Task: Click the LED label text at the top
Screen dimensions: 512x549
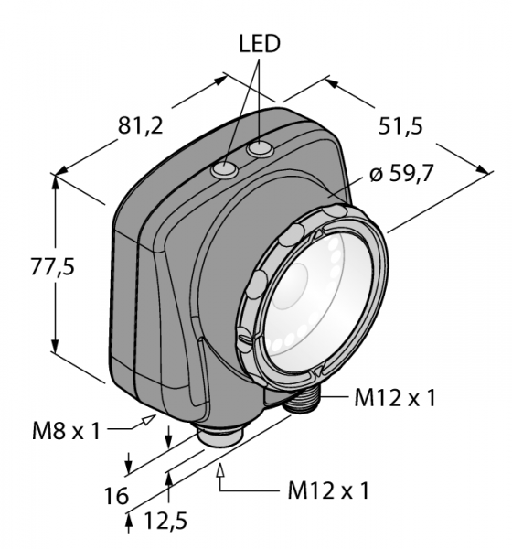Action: pos(260,44)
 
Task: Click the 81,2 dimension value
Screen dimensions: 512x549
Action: pos(141,125)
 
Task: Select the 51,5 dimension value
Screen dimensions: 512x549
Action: pos(400,126)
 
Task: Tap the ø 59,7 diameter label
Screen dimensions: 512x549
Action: pos(401,173)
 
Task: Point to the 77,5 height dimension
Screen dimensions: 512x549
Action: pos(53,267)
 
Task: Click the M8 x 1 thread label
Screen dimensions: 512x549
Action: pos(66,431)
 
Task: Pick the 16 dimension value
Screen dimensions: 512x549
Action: pos(116,496)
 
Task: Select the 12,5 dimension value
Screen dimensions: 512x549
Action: pos(165,520)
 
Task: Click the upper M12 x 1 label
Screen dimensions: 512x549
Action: pos(395,398)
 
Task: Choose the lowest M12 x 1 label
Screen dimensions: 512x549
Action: pos(328,490)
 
